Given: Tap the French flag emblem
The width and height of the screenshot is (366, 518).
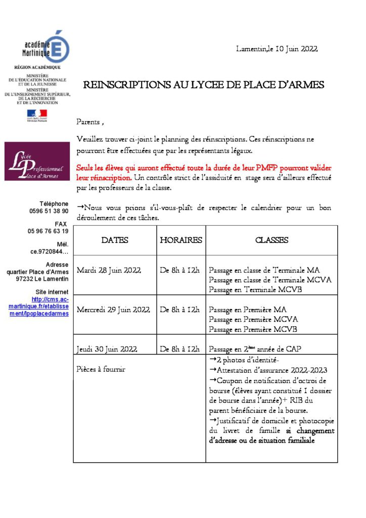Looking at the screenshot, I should click(x=37, y=115).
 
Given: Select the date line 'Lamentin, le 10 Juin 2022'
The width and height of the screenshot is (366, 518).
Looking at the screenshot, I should click(x=277, y=49).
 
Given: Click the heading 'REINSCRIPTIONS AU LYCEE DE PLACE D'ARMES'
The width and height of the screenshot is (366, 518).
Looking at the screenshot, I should click(x=203, y=85).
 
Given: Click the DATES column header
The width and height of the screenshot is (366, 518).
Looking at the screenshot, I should click(x=115, y=240).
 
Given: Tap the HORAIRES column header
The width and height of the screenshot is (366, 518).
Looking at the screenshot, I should click(x=181, y=240).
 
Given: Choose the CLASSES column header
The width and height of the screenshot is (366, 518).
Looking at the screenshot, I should click(x=271, y=240).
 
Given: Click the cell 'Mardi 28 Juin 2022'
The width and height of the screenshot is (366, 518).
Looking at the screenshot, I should click(x=109, y=270).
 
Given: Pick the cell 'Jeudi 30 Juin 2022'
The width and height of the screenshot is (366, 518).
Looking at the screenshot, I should click(x=107, y=349).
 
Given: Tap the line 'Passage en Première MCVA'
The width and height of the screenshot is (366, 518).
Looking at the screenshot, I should click(x=253, y=320).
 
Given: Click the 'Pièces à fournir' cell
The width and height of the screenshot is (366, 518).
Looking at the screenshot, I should click(x=101, y=369).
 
